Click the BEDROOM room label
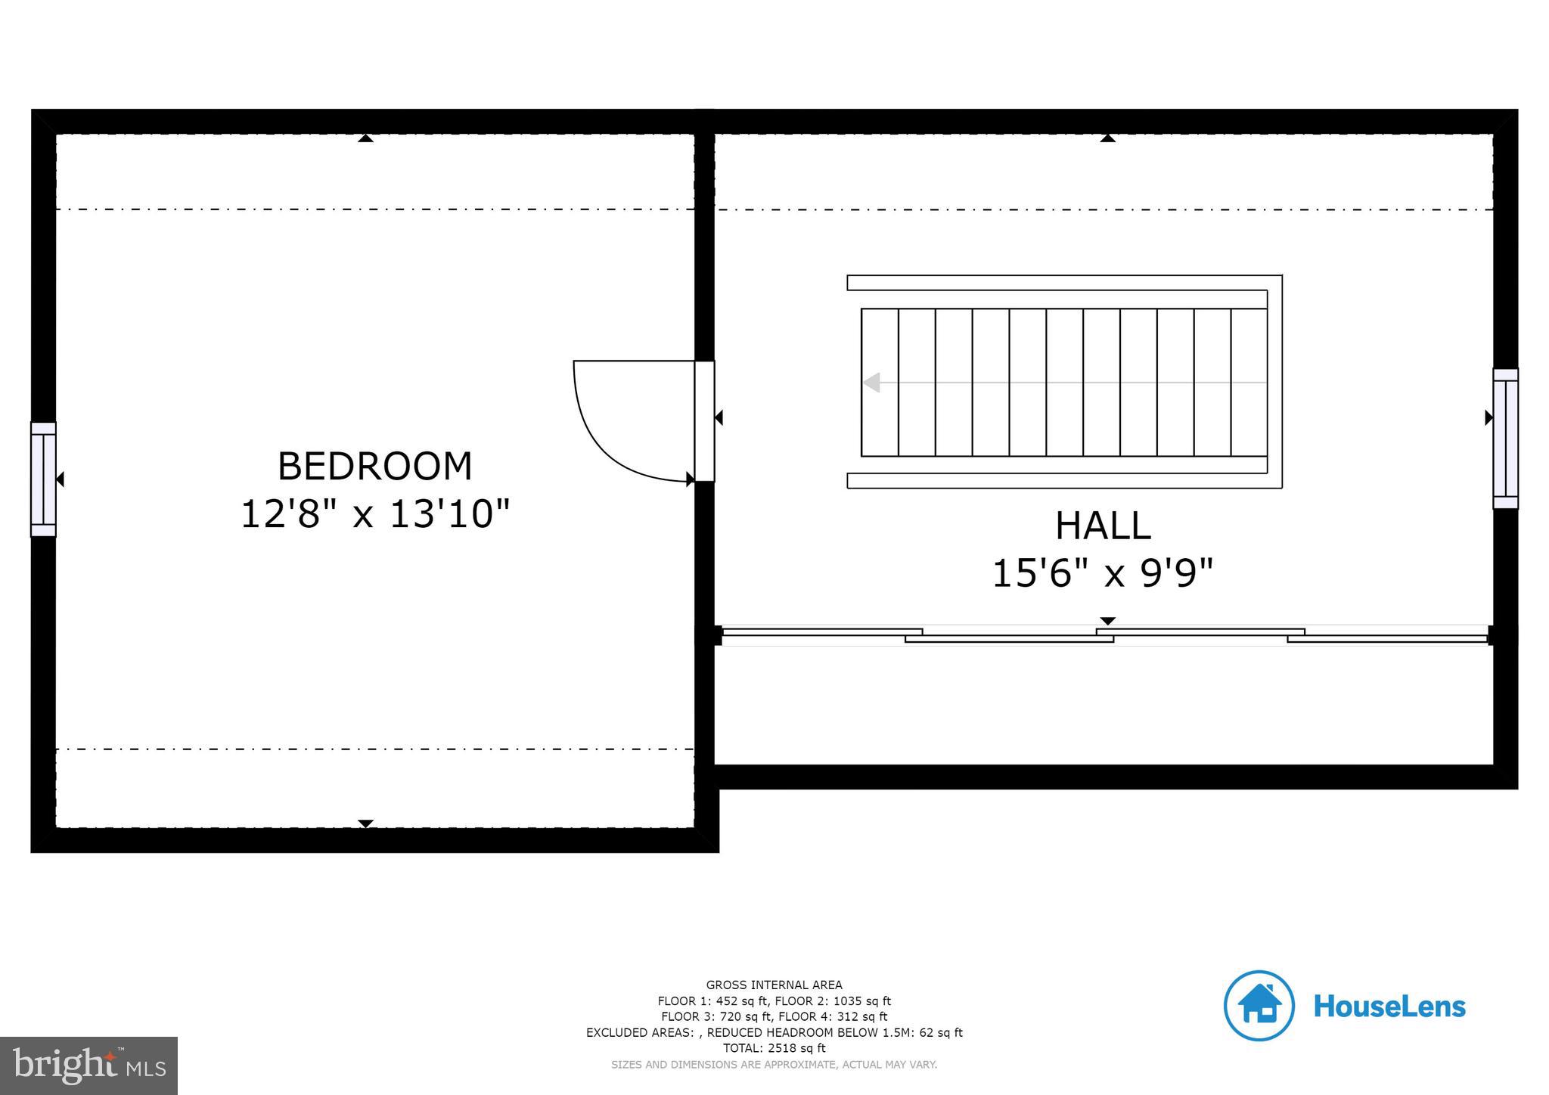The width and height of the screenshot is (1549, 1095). (x=374, y=466)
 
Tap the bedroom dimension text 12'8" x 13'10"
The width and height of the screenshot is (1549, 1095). (x=375, y=514)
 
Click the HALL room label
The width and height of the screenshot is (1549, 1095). (x=1103, y=526)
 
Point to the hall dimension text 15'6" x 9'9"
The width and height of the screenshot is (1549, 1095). (x=1102, y=573)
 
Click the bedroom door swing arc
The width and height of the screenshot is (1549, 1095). (x=598, y=446)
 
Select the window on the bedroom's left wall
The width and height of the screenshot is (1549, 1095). (x=43, y=479)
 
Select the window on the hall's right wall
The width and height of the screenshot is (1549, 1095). (x=1505, y=439)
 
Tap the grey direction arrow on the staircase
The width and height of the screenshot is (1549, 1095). (x=872, y=383)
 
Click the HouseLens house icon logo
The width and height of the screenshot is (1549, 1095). (x=1259, y=1006)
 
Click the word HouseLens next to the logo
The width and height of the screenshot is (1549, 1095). (x=1389, y=1007)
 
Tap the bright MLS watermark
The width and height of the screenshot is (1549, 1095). (x=89, y=1066)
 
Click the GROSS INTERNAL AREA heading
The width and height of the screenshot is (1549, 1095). (x=774, y=985)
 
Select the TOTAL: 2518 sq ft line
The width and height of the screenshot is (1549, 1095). (x=774, y=1048)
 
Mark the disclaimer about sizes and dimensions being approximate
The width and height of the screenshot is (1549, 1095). (x=774, y=1065)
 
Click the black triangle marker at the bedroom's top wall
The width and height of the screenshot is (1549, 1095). (x=365, y=138)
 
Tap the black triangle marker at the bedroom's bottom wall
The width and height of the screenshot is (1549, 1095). (x=365, y=824)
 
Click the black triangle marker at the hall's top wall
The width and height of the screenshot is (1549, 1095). (x=1108, y=138)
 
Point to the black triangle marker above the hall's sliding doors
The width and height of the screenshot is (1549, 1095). (x=1107, y=621)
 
